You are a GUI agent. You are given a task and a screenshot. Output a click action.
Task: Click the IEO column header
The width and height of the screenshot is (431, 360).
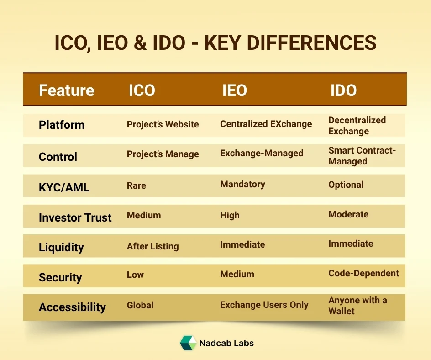(x=235, y=90)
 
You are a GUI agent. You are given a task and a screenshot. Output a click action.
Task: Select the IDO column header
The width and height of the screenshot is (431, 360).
(x=343, y=90)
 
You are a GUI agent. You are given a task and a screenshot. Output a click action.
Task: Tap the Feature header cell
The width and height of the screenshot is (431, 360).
(x=67, y=90)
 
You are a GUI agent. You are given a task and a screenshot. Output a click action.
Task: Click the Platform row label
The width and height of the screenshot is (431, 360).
(x=62, y=125)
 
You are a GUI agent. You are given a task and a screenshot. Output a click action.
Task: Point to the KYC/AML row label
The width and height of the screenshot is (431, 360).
(x=64, y=186)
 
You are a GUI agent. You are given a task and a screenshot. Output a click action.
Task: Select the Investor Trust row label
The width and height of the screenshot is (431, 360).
(x=75, y=217)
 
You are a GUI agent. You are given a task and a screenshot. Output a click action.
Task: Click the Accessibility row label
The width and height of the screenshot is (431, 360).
(x=72, y=307)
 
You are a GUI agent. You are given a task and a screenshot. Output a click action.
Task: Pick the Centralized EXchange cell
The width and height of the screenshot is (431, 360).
(x=266, y=124)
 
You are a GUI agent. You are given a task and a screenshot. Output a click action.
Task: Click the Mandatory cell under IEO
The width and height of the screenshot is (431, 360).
(x=242, y=184)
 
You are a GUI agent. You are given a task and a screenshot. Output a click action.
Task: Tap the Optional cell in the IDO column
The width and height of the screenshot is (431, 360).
(x=346, y=185)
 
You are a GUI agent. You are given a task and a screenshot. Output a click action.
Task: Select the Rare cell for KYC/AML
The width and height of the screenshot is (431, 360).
(x=137, y=185)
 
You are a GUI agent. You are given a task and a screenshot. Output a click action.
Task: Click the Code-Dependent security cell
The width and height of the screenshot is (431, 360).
(x=363, y=273)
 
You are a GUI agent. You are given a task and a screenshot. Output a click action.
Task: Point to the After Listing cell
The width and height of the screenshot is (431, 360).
(x=152, y=246)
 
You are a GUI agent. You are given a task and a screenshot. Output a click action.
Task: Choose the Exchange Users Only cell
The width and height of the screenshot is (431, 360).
(x=264, y=305)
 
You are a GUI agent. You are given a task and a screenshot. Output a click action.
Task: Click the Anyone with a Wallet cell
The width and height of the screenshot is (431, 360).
(x=357, y=306)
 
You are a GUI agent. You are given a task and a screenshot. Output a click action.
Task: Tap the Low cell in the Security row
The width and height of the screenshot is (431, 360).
(x=135, y=275)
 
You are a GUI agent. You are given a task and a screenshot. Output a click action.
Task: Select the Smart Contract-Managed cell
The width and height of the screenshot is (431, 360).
(x=362, y=156)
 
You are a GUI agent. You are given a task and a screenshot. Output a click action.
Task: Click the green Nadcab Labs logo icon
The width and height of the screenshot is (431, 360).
(x=188, y=343)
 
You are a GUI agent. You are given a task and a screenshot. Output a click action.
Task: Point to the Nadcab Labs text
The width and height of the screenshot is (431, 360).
(x=226, y=343)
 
